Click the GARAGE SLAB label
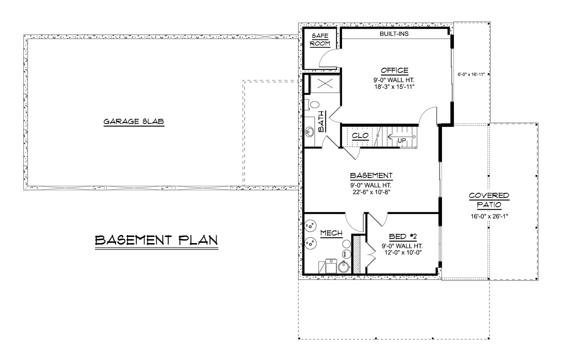click(134, 122)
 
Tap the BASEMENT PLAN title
click(156, 240)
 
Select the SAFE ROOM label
click(320, 40)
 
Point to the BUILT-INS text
click(394, 34)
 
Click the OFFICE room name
click(394, 71)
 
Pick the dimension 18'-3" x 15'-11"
click(394, 86)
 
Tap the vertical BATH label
click(322, 121)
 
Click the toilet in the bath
click(313, 105)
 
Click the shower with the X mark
click(325, 84)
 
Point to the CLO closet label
click(360, 136)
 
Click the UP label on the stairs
click(402, 141)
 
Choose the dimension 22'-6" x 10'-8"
click(371, 192)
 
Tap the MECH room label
click(331, 233)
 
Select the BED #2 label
click(402, 237)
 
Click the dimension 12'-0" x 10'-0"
click(402, 253)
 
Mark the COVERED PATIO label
click(489, 200)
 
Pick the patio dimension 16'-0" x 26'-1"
click(489, 216)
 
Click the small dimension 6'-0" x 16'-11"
click(471, 74)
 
